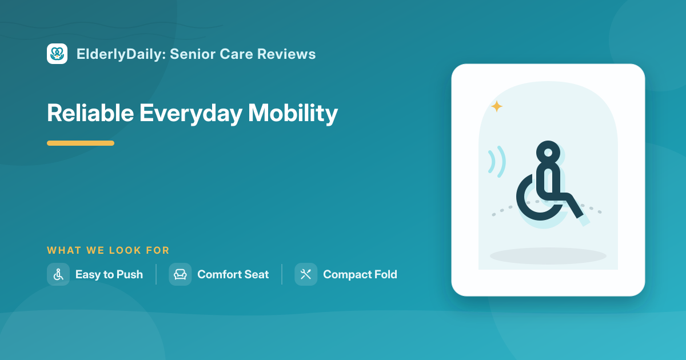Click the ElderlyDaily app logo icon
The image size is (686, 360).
57,54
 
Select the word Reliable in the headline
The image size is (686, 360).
90,113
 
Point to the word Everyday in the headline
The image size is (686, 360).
191,114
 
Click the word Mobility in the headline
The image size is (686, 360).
293,114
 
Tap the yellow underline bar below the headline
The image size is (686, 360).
81,143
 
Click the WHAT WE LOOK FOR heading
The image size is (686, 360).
108,250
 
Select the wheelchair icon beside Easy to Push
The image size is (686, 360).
58,274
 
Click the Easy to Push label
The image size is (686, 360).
109,275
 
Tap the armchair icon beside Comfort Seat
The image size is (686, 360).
180,274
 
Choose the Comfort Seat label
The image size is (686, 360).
233,274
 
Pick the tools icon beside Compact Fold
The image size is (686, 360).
306,274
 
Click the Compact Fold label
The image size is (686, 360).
360,275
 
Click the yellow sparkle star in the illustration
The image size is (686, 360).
497,106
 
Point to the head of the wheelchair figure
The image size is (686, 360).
548,153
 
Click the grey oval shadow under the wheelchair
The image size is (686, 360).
548,256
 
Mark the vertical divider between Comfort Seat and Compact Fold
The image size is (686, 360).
282,274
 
